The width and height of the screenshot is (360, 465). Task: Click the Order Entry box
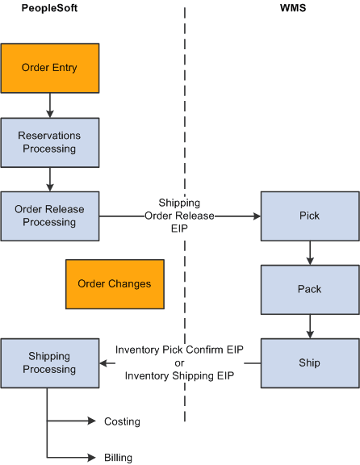pos(49,68)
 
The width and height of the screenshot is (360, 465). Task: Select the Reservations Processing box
pos(49,142)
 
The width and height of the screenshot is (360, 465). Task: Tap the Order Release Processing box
pos(49,216)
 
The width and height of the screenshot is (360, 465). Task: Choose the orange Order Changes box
pos(114,283)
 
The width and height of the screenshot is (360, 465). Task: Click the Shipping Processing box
pos(49,363)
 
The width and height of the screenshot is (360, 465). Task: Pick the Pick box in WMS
pos(309,216)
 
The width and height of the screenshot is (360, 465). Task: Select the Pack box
pos(309,289)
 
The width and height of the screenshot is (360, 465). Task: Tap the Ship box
pos(309,363)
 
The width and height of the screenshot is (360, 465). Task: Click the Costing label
pos(122,421)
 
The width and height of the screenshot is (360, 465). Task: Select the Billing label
pos(118,458)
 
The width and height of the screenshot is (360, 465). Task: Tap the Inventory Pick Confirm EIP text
pos(179,350)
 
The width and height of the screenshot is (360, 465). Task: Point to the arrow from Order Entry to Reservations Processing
pos(50,105)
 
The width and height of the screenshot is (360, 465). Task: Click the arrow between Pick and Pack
pos(310,253)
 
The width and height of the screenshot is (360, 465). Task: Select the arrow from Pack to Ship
pos(310,326)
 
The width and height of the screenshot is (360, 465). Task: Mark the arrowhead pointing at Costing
pos(91,421)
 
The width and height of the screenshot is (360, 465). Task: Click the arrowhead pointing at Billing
pos(91,458)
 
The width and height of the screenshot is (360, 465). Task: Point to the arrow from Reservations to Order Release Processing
pos(50,179)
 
